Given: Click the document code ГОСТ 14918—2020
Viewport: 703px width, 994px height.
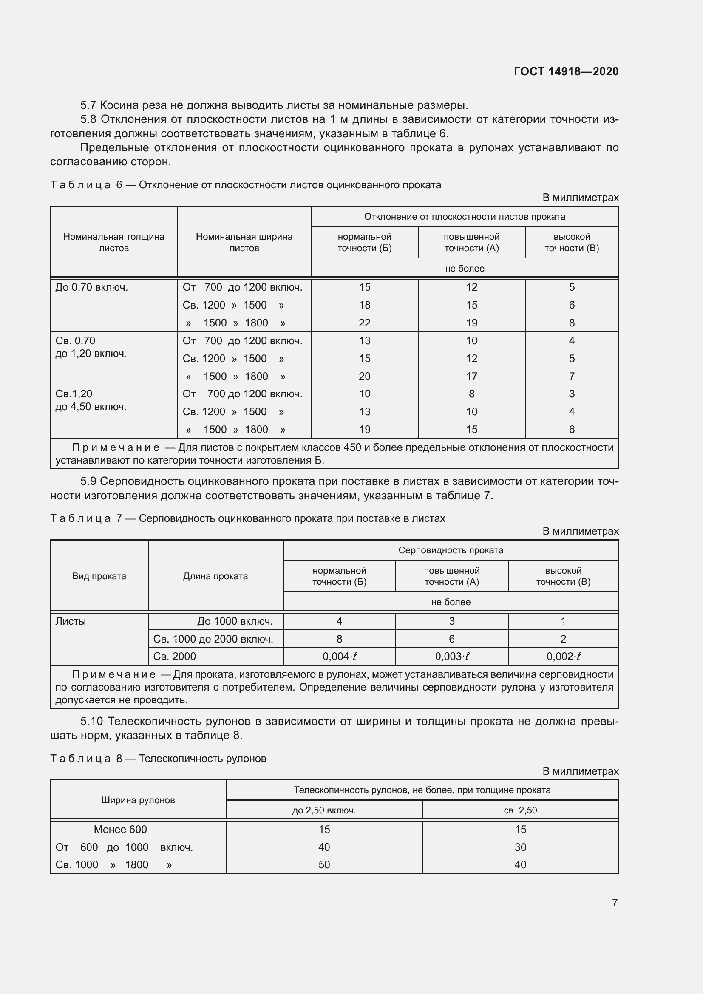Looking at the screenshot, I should pyautogui.click(x=566, y=71).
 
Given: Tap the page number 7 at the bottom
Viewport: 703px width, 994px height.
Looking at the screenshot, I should pyautogui.click(x=614, y=903).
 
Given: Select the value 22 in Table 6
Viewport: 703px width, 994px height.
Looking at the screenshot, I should pyautogui.click(x=365, y=323).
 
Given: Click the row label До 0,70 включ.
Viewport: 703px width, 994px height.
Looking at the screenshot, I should pyautogui.click(x=91, y=287).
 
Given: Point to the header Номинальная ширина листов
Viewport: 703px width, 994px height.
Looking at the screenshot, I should pyautogui.click(x=244, y=242).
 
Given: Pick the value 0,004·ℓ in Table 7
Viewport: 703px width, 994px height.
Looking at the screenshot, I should pyautogui.click(x=339, y=657).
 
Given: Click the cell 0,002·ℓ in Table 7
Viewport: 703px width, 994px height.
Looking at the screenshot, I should pyautogui.click(x=563, y=657).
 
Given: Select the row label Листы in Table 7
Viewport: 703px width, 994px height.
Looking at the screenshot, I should pyautogui.click(x=71, y=622).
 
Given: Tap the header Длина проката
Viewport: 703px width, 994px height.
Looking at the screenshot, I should pyautogui.click(x=215, y=576).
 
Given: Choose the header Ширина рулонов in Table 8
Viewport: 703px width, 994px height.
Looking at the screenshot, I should pyautogui.click(x=138, y=800).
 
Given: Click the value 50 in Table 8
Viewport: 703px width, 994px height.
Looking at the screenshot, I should pyautogui.click(x=324, y=865).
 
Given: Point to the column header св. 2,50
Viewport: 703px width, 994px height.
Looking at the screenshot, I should pyautogui.click(x=520, y=810).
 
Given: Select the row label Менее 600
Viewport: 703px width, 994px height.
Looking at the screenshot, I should pyautogui.click(x=120, y=830).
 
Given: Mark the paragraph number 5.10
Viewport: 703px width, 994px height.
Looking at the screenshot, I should pyautogui.click(x=91, y=722).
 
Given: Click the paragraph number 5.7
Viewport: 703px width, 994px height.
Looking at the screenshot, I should pyautogui.click(x=88, y=105).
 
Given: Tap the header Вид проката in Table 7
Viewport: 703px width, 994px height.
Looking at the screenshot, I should pyautogui.click(x=99, y=576).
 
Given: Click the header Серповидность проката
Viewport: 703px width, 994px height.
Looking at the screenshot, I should pyautogui.click(x=451, y=551).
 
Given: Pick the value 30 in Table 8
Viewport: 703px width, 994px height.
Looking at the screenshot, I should pyautogui.click(x=520, y=847).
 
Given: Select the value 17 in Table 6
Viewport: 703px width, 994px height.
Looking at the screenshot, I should pyautogui.click(x=471, y=377).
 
